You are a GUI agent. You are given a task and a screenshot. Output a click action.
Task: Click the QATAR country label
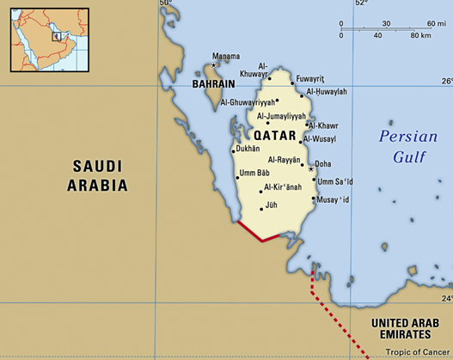pos(274,136)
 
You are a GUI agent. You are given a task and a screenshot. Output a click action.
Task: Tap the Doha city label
pos(323,163)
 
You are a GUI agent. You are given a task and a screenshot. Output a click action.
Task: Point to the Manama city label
pos(226,57)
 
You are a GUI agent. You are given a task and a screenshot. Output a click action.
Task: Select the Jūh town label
pos(272,205)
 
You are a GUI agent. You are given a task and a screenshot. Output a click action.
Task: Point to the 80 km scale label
pos(420,35)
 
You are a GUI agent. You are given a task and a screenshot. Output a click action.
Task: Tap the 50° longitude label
pos(165,4)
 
